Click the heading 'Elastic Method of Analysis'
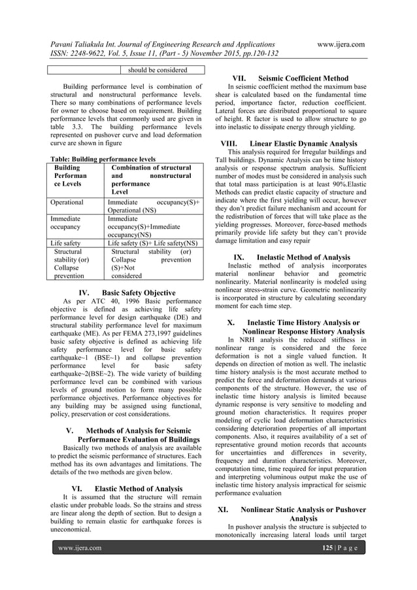click(139, 488)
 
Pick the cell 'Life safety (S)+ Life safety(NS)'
click(152, 243)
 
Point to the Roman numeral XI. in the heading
click(222, 508)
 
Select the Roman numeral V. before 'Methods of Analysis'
click(70, 430)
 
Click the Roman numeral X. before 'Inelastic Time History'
click(231, 322)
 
